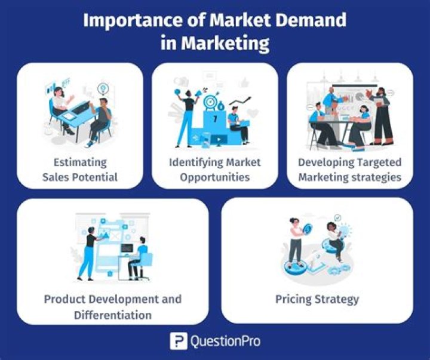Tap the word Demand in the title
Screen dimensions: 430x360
tap(311, 20)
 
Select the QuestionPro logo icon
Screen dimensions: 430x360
tap(178, 341)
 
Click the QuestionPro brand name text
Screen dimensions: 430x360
tap(225, 341)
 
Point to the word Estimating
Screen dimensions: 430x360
tap(80, 162)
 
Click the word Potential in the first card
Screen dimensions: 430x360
tap(94, 177)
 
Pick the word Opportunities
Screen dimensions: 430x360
tap(215, 177)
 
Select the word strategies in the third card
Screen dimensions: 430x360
tap(376, 177)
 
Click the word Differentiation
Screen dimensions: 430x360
tap(113, 315)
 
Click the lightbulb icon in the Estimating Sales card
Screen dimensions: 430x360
tap(103, 88)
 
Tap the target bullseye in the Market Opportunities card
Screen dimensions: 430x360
tap(210, 101)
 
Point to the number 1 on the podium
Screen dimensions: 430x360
tap(215, 119)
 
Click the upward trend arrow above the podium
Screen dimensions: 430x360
tap(240, 101)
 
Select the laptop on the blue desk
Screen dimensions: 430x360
tap(81, 107)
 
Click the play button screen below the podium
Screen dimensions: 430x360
tap(219, 140)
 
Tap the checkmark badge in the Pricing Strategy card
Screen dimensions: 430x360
tap(338, 218)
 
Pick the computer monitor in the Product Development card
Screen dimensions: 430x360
tap(127, 248)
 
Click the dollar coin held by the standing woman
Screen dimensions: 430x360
tap(308, 228)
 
